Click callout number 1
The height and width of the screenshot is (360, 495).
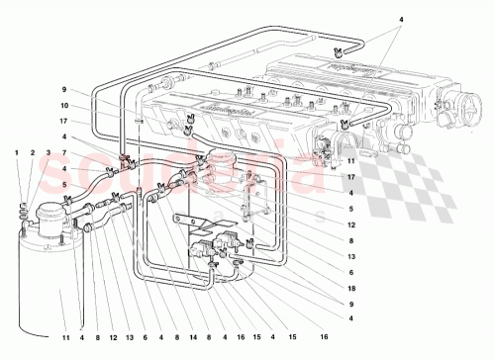(17, 151)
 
